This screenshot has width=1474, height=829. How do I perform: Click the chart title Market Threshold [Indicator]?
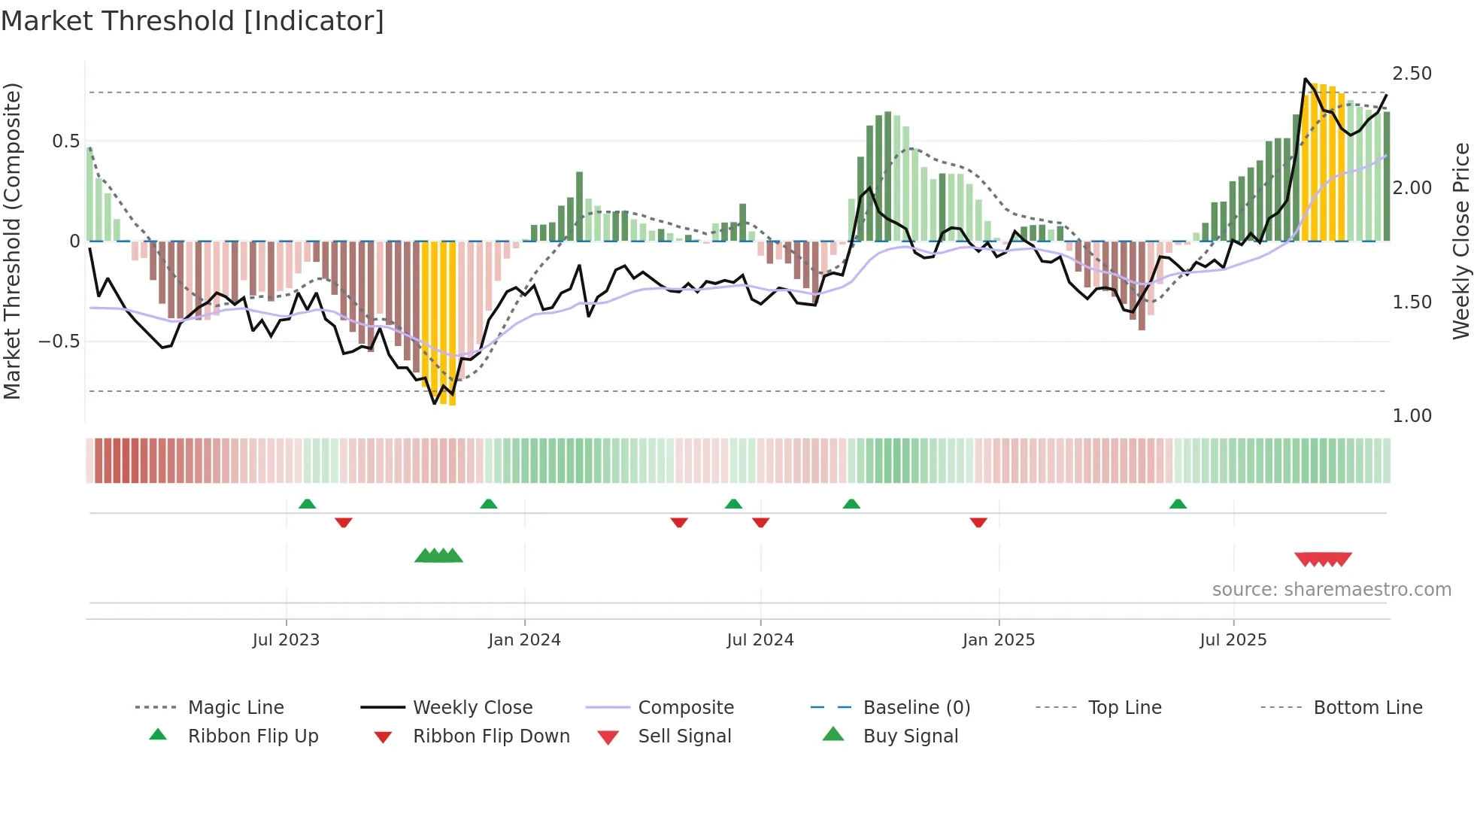click(193, 21)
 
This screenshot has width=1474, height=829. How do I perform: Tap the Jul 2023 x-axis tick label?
click(286, 640)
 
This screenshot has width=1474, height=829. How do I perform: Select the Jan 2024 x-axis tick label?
click(524, 640)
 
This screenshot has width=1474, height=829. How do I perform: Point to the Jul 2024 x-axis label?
click(760, 640)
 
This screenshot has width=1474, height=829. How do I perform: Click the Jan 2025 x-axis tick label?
click(999, 640)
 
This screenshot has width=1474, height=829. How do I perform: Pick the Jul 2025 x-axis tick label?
click(1233, 640)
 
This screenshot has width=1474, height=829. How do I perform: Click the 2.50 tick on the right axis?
click(1412, 74)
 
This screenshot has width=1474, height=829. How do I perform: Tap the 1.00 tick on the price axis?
click(1412, 416)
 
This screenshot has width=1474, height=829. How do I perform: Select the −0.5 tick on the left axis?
click(59, 342)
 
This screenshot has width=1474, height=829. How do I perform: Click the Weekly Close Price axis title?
click(1460, 241)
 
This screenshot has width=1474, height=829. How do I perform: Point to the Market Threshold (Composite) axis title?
click(12, 241)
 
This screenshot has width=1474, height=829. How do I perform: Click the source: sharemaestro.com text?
click(1331, 590)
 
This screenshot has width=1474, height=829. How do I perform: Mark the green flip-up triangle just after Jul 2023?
click(307, 504)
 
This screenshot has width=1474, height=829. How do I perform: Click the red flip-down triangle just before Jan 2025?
click(978, 522)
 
